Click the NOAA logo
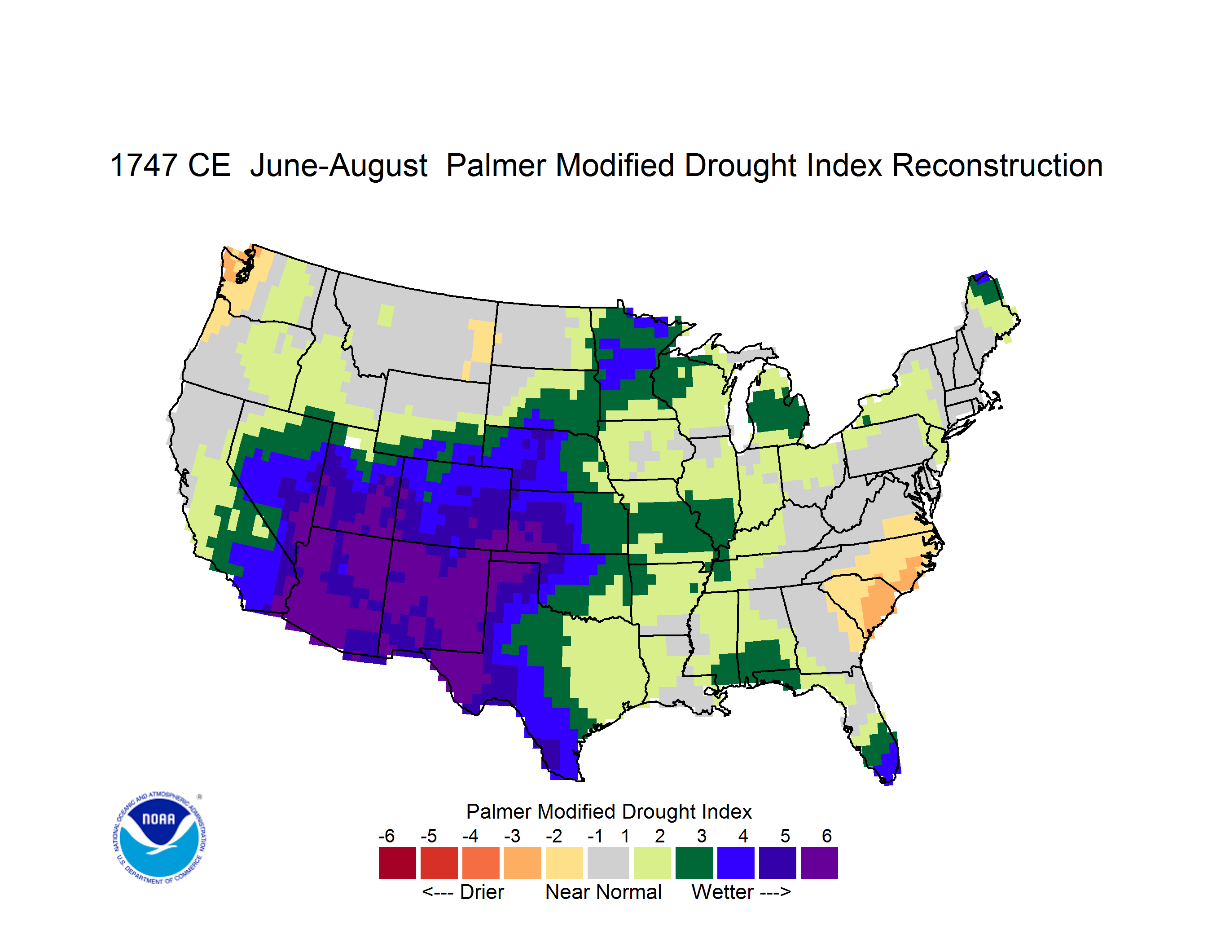pos(159,838)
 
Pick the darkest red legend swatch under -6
pos(397,863)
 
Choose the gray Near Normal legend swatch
pos(608,863)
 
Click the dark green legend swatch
pos(694,863)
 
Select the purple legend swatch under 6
pos(819,863)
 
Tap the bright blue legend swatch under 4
pos(735,863)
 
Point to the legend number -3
pos(512,836)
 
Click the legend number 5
pos(785,836)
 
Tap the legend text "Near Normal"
pos(603,892)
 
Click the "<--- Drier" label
pos(463,892)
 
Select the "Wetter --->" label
pos(741,892)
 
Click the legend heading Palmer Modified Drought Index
pos(609,811)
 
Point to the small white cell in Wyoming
pos(353,442)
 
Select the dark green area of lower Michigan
pos(777,411)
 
